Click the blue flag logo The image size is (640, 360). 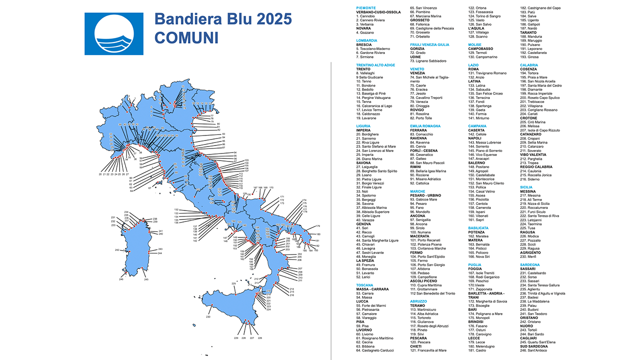[114, 34]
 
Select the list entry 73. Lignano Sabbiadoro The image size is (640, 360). [428, 61]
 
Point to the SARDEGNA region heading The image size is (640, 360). [530, 264]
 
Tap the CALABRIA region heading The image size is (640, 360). [529, 64]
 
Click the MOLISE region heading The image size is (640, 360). [474, 44]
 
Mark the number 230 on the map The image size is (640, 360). [208, 317]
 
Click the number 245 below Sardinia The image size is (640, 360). [146, 279]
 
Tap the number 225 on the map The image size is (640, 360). [233, 283]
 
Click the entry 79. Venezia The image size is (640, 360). [418, 101]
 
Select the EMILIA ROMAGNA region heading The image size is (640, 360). [425, 126]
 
